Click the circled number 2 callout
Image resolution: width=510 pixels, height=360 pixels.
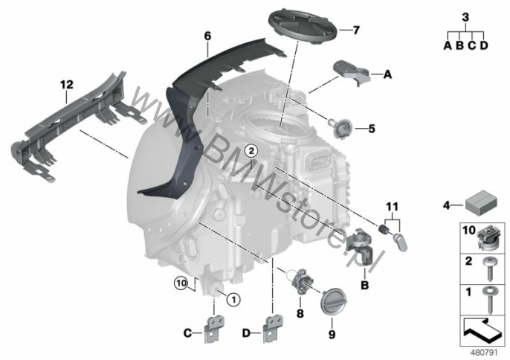pyautogui.click(x=251, y=151)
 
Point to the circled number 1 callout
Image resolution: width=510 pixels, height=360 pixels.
pyautogui.click(x=233, y=299)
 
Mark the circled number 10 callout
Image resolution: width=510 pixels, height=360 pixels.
pyautogui.click(x=181, y=283)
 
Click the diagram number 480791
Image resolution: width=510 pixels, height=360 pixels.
pyautogui.click(x=484, y=353)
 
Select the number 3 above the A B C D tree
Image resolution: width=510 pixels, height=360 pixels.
pyautogui.click(x=465, y=17)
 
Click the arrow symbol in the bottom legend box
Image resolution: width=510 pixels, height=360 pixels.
pyautogui.click(x=482, y=331)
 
